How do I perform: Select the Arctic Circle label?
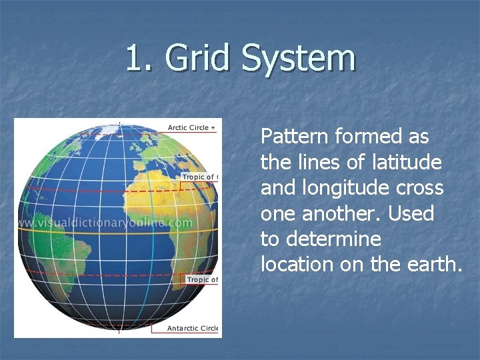pyautogui.click(x=191, y=127)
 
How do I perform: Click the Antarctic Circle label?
pyautogui.click(x=192, y=328)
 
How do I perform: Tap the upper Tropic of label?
pyautogui.click(x=199, y=177)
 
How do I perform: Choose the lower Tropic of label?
pyautogui.click(x=201, y=279)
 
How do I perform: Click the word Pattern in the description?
pyautogui.click(x=294, y=137)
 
